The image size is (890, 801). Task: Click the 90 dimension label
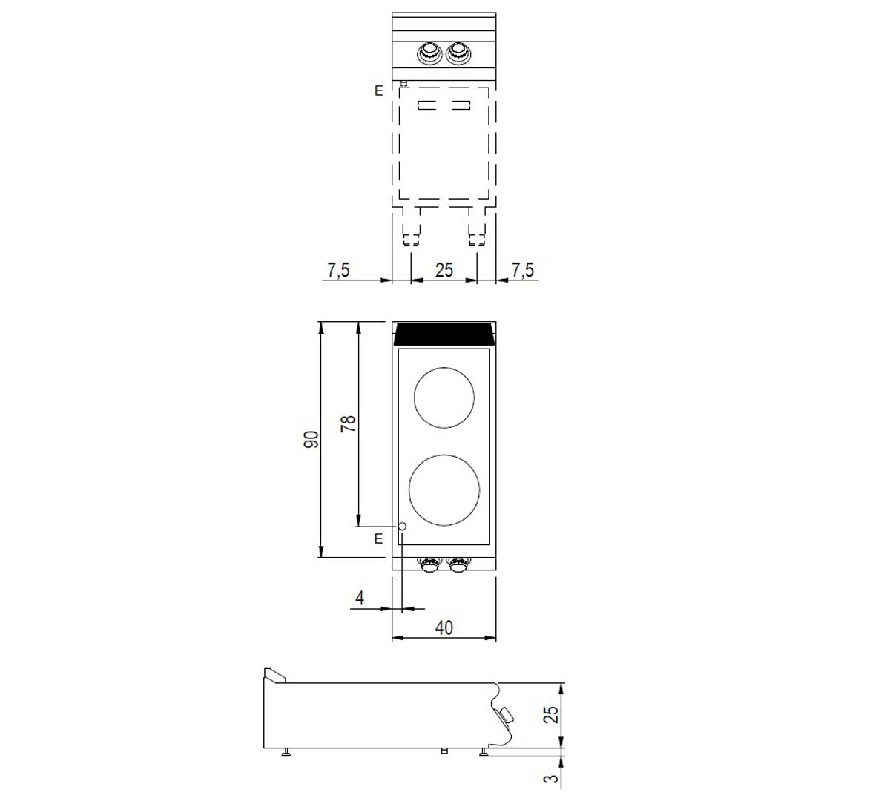click(x=311, y=439)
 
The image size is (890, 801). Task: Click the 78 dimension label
click(x=348, y=423)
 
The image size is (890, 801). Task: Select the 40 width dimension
click(x=444, y=627)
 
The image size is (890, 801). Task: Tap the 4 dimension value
click(x=360, y=598)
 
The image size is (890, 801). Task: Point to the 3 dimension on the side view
click(x=551, y=778)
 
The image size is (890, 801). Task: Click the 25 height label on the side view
click(x=551, y=714)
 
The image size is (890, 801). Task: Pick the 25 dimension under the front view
click(x=444, y=270)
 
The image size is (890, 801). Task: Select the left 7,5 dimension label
click(x=338, y=270)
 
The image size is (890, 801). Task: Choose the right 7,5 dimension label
click(x=523, y=270)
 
